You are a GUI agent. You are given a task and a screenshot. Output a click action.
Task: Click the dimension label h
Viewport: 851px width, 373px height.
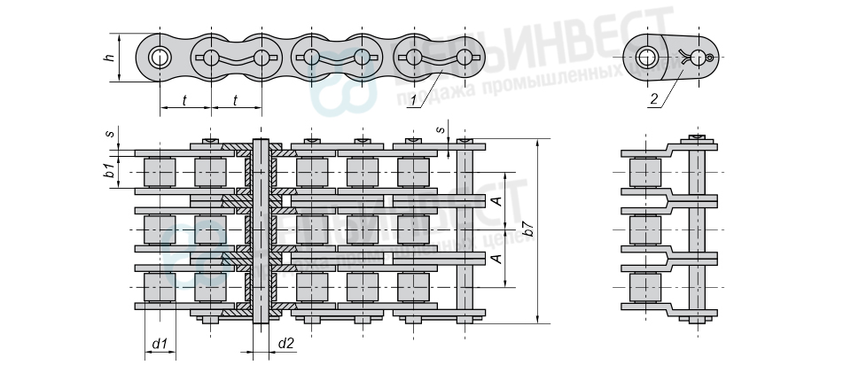click(x=109, y=58)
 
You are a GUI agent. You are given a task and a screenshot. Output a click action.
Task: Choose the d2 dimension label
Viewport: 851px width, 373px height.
click(x=286, y=342)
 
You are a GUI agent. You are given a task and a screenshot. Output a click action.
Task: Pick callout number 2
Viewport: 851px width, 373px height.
click(x=653, y=100)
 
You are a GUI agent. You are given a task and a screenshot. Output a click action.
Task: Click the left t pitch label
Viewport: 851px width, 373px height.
click(x=184, y=100)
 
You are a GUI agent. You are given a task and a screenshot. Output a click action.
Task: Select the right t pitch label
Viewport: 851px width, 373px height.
click(x=235, y=100)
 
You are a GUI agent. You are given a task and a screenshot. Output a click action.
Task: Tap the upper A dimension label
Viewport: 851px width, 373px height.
click(x=496, y=201)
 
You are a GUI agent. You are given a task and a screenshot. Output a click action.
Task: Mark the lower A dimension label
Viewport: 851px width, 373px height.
click(x=496, y=258)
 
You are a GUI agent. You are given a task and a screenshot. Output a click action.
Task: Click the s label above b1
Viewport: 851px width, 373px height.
click(x=109, y=134)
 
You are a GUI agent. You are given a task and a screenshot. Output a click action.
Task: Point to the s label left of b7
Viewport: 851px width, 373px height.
click(x=441, y=129)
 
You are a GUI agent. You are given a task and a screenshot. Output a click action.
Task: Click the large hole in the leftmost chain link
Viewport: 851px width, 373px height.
click(x=160, y=58)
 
